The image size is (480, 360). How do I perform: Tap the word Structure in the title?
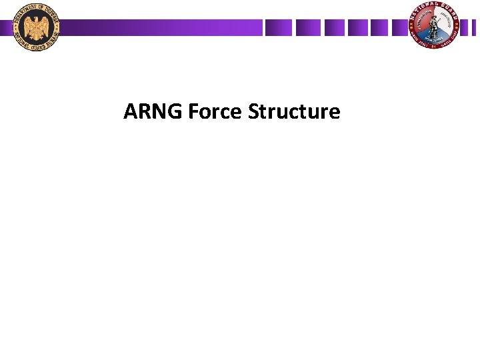[294, 111]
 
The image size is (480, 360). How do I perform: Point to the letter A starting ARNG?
[130, 111]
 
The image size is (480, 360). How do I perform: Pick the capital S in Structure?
[253, 111]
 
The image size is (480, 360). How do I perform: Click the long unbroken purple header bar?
[160, 27]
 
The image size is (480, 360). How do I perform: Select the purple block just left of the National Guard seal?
[397, 27]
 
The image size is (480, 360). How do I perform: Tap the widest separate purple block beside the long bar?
[278, 27]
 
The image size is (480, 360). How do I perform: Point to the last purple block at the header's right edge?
[470, 27]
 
